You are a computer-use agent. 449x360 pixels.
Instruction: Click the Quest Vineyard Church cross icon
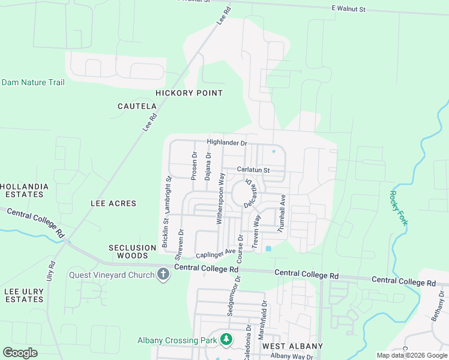tap(163, 275)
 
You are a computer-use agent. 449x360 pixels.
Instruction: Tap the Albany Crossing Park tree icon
tap(226, 340)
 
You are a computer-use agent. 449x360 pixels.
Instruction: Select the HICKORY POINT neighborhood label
tap(189, 93)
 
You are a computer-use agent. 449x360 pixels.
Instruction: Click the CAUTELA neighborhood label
tap(137, 106)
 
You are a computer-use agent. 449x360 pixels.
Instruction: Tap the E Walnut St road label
tap(357, 10)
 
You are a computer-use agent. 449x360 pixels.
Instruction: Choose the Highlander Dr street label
tap(227, 143)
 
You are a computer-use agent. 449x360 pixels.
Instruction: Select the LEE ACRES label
tap(113, 204)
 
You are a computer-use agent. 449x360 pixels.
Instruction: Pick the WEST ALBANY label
tap(292, 346)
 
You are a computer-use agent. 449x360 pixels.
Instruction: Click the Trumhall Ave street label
tap(281, 214)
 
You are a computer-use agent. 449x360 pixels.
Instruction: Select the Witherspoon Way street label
tap(221, 199)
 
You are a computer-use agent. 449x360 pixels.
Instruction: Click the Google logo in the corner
tap(20, 353)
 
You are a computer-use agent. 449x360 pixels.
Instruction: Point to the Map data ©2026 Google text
tap(412, 355)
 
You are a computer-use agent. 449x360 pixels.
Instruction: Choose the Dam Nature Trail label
tap(33, 82)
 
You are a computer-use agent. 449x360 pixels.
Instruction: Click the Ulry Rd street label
tap(50, 272)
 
